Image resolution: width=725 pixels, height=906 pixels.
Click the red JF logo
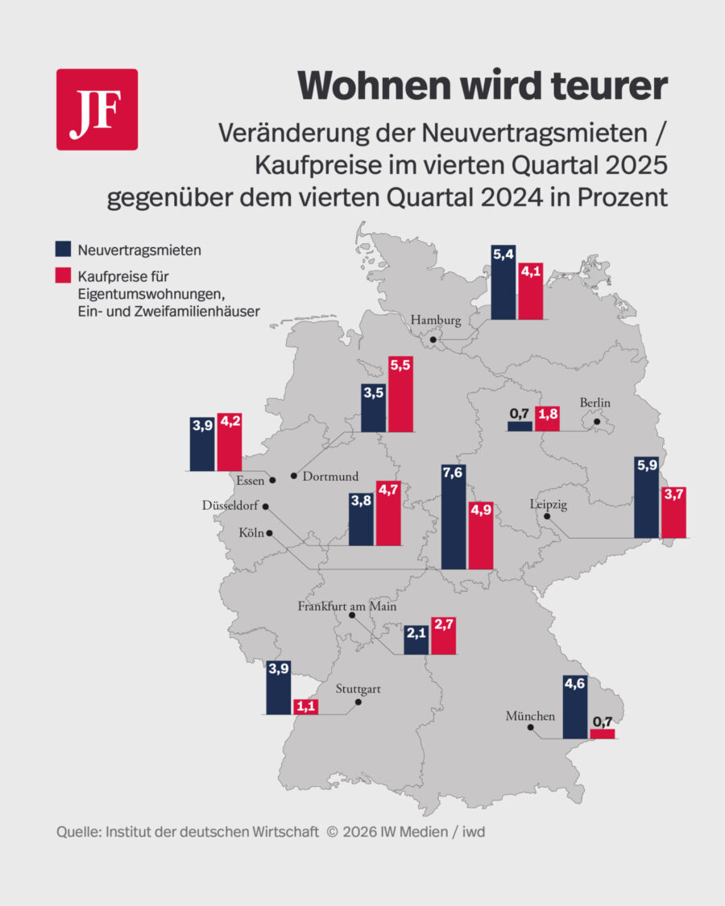(x=97, y=110)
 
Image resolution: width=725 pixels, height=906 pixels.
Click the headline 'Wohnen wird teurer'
(x=483, y=85)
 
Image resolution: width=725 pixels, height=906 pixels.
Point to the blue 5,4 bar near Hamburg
(x=503, y=283)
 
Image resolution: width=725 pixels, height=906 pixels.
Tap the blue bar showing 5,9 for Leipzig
(x=646, y=499)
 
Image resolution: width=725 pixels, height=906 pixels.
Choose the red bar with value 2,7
(x=444, y=636)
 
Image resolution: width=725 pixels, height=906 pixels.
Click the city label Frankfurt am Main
(x=347, y=606)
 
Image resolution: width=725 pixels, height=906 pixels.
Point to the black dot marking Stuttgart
(x=358, y=702)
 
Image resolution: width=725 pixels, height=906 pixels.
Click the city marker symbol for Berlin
(x=597, y=420)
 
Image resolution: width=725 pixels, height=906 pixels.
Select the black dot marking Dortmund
(x=295, y=477)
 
